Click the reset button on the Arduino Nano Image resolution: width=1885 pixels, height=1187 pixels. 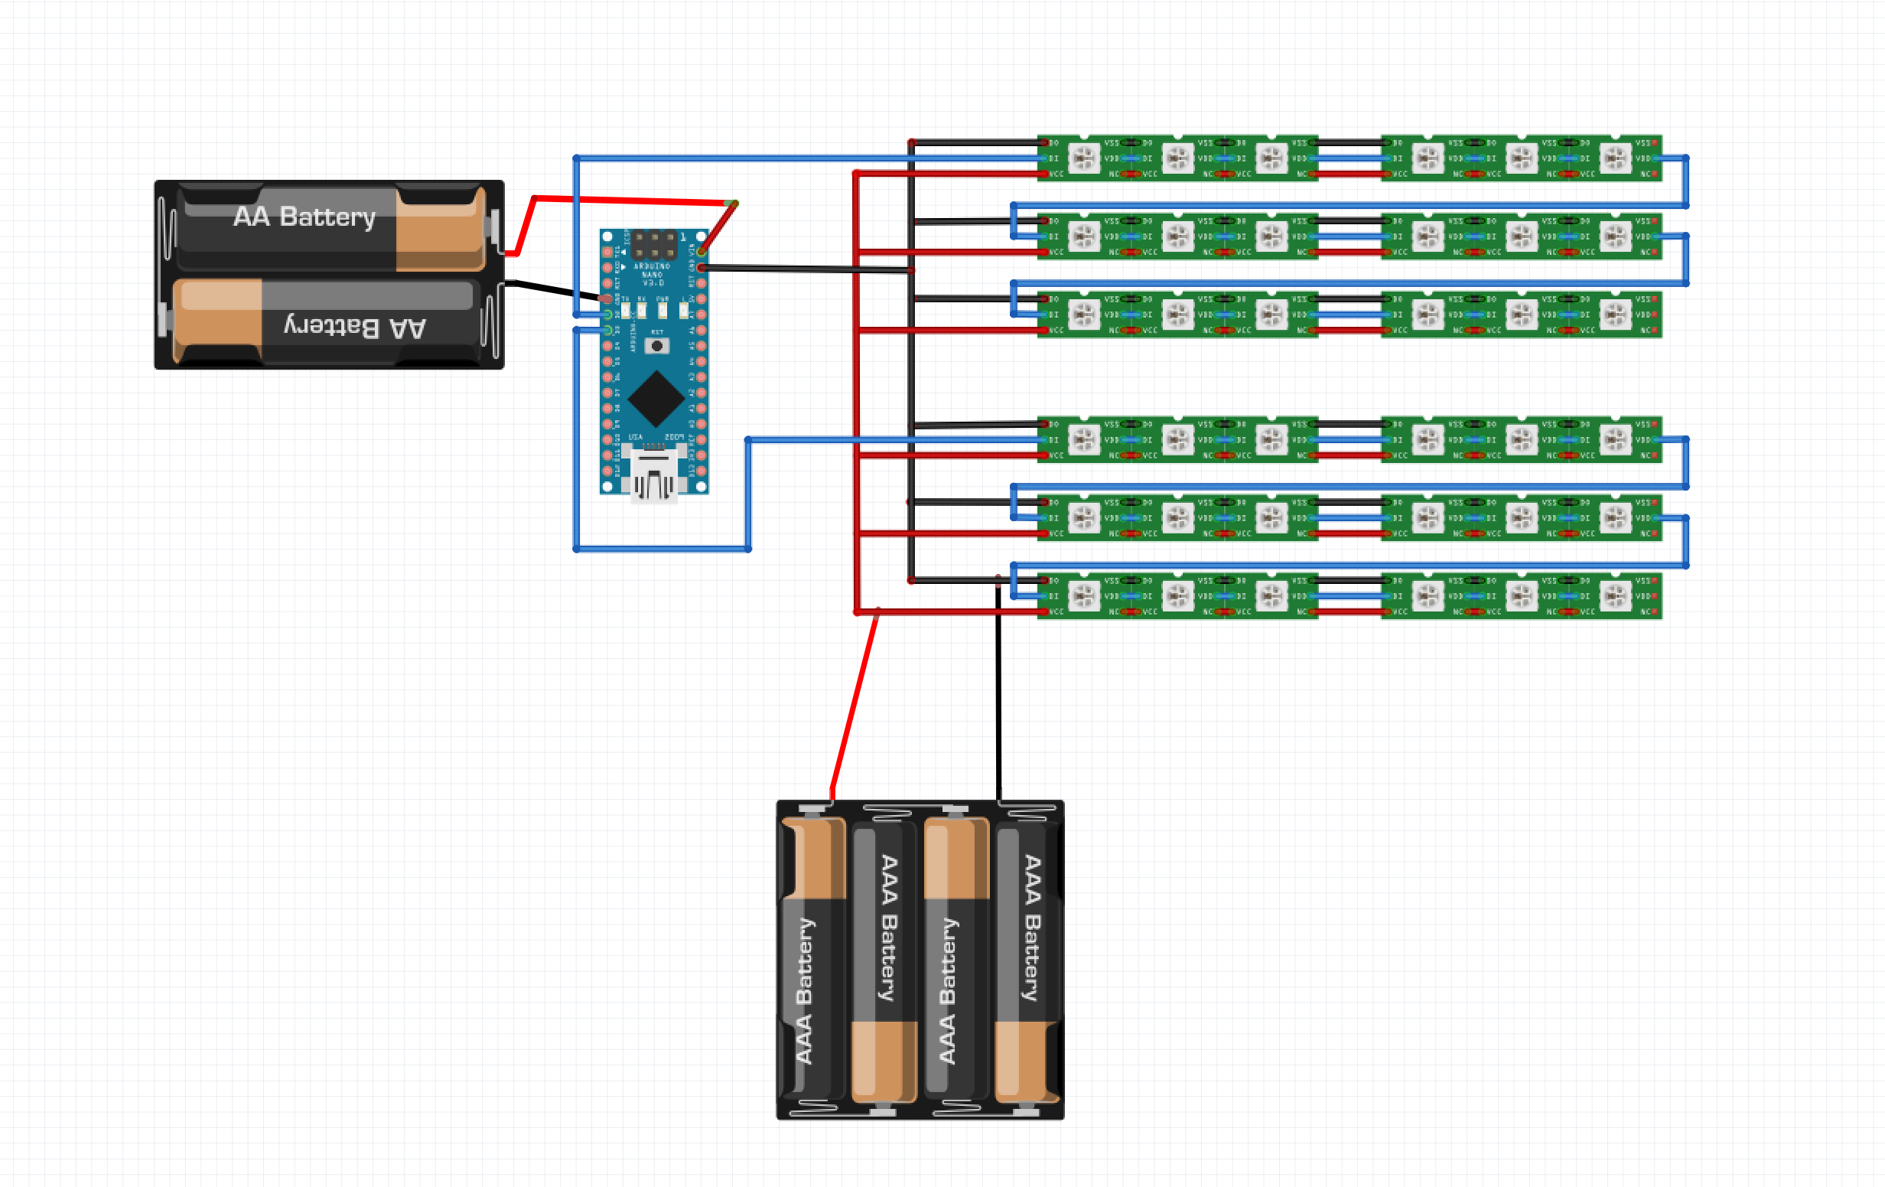[657, 345]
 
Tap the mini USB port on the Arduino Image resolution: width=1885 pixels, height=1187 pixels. [654, 474]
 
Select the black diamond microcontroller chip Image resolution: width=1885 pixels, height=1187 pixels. [656, 399]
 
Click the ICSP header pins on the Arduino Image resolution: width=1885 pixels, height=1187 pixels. [654, 244]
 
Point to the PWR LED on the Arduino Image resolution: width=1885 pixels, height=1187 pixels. [663, 311]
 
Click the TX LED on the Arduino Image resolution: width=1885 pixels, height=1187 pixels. [626, 311]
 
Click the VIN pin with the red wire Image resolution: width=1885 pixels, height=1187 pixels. [702, 252]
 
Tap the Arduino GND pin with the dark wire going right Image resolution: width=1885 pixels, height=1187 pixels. [702, 268]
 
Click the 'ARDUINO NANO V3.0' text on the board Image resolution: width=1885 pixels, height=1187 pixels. [652, 274]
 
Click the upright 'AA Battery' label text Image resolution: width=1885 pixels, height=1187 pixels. [304, 216]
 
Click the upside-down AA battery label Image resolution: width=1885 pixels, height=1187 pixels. [355, 327]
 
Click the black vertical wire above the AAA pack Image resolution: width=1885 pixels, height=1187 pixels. [998, 705]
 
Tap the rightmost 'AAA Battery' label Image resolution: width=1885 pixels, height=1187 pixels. [1032, 928]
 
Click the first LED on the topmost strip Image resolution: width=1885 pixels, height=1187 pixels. [1084, 158]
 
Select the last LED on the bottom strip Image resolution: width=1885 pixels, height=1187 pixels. [1615, 596]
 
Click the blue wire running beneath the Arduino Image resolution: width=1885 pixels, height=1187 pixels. [662, 549]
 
